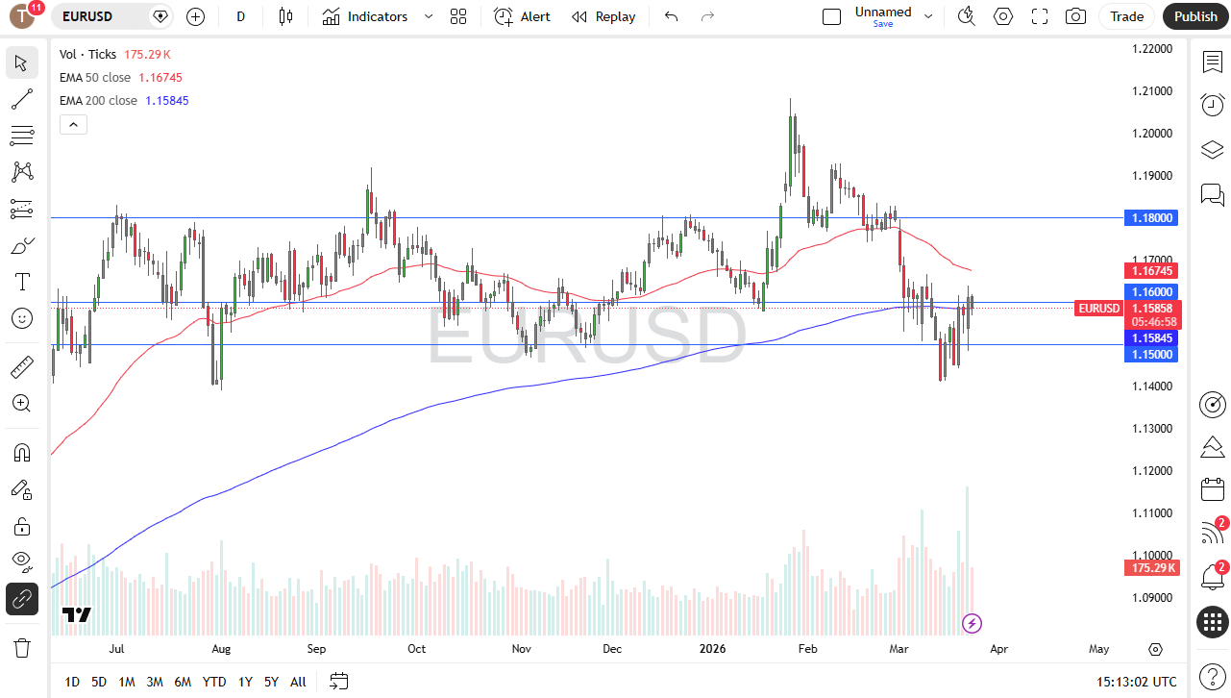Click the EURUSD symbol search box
(x=101, y=16)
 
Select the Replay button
(x=603, y=16)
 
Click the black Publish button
(x=1195, y=16)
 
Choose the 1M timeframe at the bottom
(x=126, y=682)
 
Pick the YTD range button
(x=214, y=682)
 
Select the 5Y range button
(x=271, y=682)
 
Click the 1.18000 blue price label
(x=1150, y=218)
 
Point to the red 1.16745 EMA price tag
(x=1150, y=271)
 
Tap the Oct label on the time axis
(x=416, y=649)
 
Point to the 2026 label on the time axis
(x=712, y=649)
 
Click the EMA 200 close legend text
(x=98, y=100)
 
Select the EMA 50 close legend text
(x=94, y=77)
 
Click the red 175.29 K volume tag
(x=1150, y=568)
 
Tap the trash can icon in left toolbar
(x=21, y=647)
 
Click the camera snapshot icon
(x=1075, y=16)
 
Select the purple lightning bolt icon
(x=972, y=624)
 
